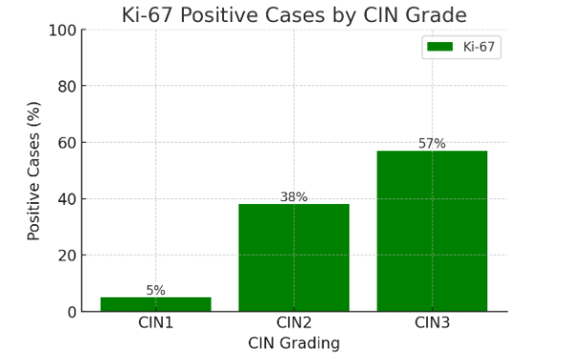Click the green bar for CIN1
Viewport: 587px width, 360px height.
[x=155, y=304]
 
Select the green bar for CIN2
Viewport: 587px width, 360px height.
[x=293, y=258]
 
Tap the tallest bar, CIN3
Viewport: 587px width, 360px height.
[x=432, y=231]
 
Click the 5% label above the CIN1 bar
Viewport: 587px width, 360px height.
[x=155, y=290]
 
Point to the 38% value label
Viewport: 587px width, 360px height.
[x=293, y=197]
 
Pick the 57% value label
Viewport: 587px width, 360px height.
[x=432, y=144]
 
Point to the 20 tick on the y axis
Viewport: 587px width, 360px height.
[x=65, y=256]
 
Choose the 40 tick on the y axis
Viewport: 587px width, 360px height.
[x=65, y=199]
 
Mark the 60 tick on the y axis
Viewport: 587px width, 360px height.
[x=65, y=143]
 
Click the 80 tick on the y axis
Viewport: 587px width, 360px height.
[x=65, y=86]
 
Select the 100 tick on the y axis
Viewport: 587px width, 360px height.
[x=61, y=30]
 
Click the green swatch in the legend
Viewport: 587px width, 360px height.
[x=440, y=46]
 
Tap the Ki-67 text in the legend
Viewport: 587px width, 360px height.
[x=479, y=46]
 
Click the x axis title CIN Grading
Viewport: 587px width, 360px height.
[x=293, y=343]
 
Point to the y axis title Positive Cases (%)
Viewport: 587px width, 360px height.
[x=34, y=170]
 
